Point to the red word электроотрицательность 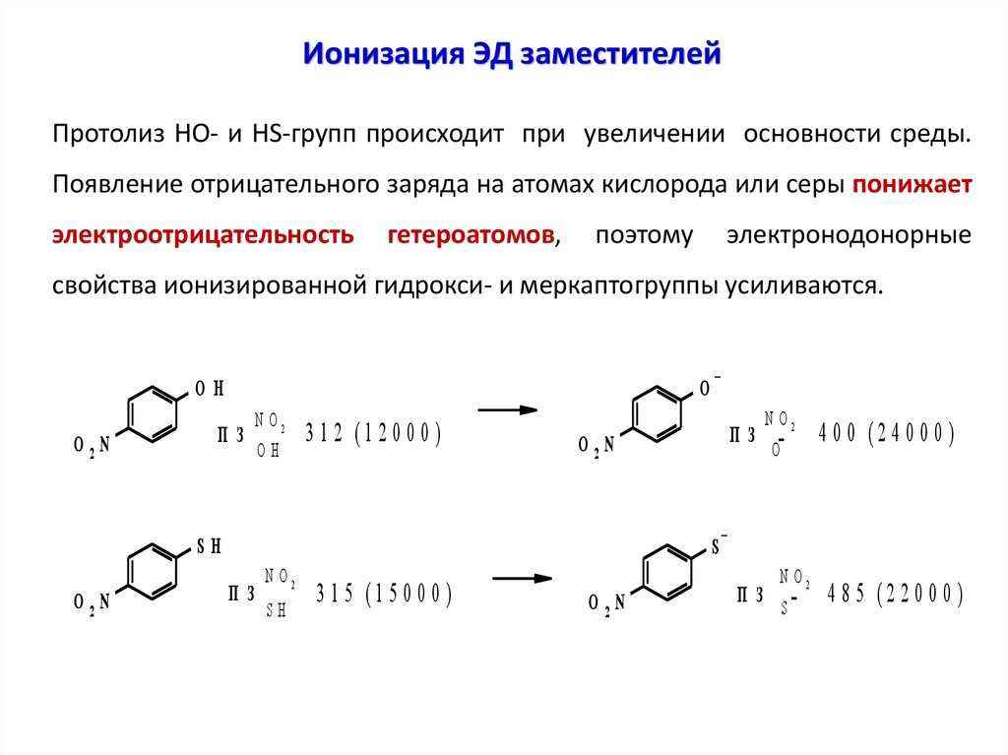203,235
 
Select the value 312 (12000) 371,434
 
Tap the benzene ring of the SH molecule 152,572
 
